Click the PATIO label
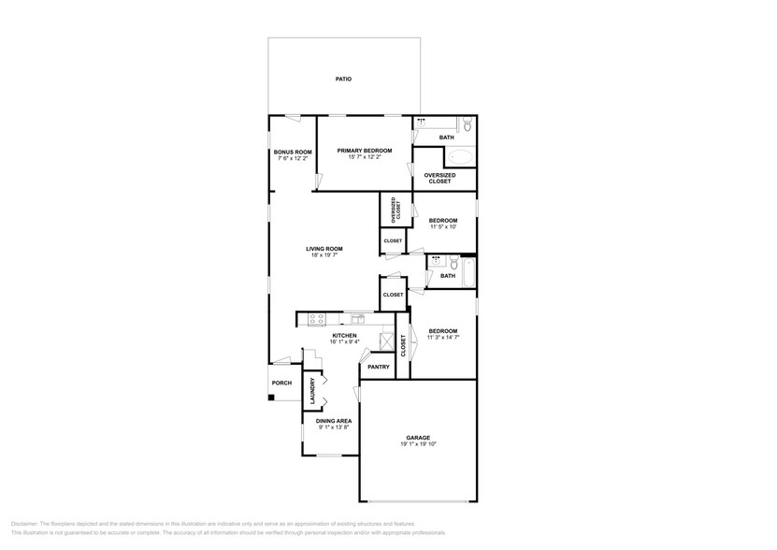[343, 80]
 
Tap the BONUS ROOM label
[292, 152]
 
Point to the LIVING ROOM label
[325, 249]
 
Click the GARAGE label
[418, 438]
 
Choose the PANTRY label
[379, 367]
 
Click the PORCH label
[281, 384]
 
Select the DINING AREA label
[326, 421]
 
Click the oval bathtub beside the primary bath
[459, 157]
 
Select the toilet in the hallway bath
[452, 262]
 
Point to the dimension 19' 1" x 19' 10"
[418, 444]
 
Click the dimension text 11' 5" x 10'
[443, 227]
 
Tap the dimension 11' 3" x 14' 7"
[442, 338]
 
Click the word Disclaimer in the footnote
[25, 524]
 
